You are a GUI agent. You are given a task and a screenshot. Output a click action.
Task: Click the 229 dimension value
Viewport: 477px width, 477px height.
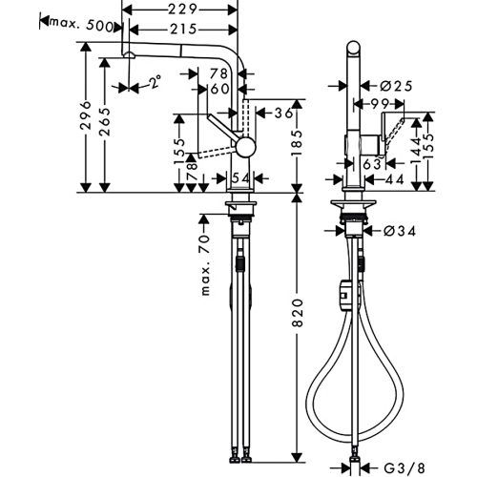(182, 10)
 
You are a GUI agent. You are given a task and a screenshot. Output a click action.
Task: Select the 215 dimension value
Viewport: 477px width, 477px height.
(183, 30)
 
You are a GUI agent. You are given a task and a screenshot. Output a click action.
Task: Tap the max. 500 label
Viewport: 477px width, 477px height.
(81, 25)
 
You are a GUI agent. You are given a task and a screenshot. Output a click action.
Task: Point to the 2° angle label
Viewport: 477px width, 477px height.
(156, 81)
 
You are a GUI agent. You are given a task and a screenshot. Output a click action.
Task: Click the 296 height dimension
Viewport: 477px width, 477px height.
(85, 115)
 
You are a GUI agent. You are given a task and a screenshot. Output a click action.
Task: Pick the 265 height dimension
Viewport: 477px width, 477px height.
(105, 122)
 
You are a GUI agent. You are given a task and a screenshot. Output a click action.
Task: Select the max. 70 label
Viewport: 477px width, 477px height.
(206, 265)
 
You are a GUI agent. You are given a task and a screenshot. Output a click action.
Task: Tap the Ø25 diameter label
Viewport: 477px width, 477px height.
(396, 86)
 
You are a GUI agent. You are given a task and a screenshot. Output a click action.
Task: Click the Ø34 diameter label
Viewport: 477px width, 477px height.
(400, 231)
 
